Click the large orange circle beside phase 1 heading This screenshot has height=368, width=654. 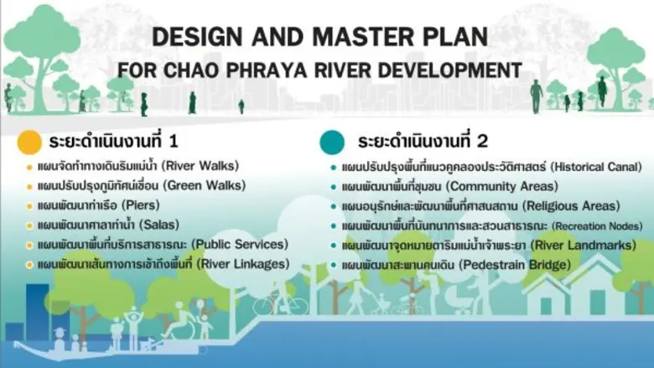coord(31,141)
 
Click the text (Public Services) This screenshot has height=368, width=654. coord(240,245)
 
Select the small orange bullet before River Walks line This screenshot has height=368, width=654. coord(30,167)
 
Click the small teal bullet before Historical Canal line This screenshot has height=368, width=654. coord(333,167)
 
